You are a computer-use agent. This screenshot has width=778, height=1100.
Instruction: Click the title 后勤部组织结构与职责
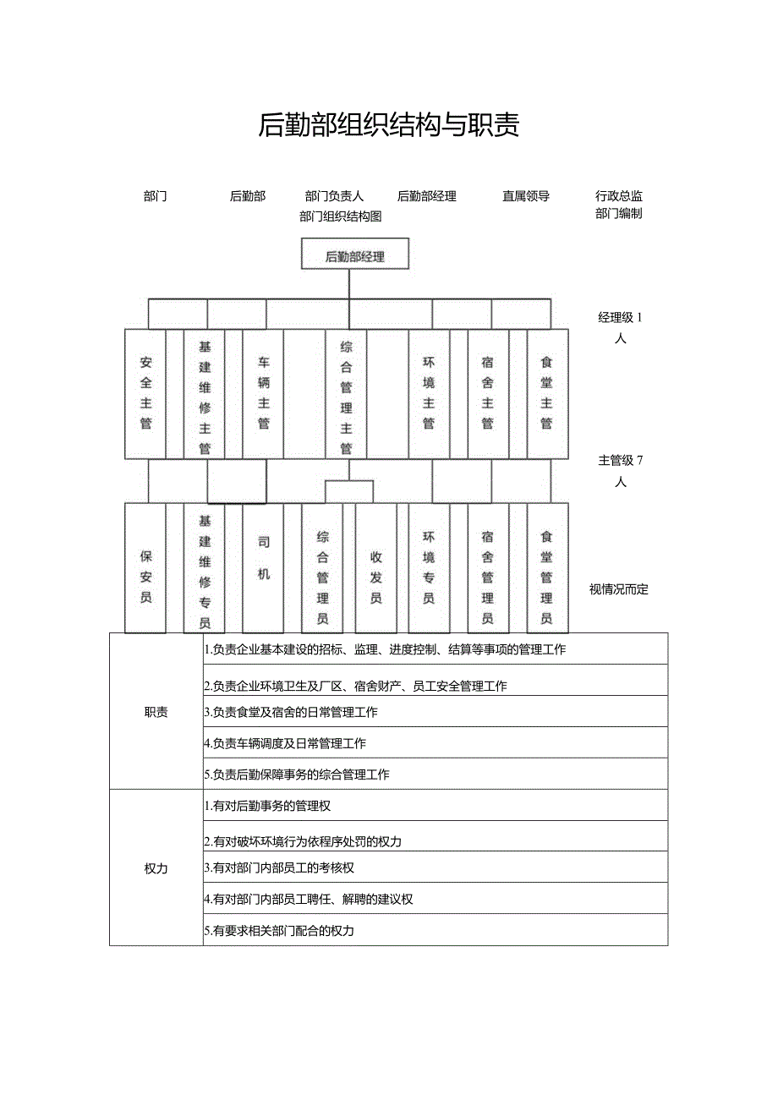tap(388, 125)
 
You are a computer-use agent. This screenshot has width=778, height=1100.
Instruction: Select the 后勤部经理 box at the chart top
tap(355, 255)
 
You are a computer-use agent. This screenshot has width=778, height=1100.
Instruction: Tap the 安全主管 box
tap(145, 393)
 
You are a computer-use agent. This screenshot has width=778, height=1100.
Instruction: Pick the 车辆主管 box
tap(264, 393)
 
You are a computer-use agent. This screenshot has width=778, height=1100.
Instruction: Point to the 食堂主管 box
tap(547, 393)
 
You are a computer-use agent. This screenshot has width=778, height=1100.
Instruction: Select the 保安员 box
tap(145, 568)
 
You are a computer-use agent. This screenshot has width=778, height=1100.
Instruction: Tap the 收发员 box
tap(375, 568)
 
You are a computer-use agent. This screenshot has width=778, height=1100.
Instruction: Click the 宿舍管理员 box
tap(488, 568)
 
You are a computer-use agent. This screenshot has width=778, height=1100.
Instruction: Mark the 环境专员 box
tap(429, 568)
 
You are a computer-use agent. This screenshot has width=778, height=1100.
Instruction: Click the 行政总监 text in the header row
tap(619, 196)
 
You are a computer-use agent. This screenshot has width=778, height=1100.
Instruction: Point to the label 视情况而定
tap(619, 589)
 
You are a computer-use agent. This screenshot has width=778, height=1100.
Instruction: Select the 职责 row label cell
tap(156, 712)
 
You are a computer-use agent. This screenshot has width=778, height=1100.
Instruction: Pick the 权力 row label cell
tap(156, 868)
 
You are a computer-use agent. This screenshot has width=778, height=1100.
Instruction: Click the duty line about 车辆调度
tap(285, 743)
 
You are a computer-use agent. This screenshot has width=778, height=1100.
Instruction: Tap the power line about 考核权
tap(279, 867)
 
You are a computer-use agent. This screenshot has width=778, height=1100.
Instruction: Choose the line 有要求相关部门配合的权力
tap(279, 931)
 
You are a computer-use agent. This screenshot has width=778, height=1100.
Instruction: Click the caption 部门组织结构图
tap(341, 216)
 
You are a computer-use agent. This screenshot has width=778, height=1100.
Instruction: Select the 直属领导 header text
tap(526, 196)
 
